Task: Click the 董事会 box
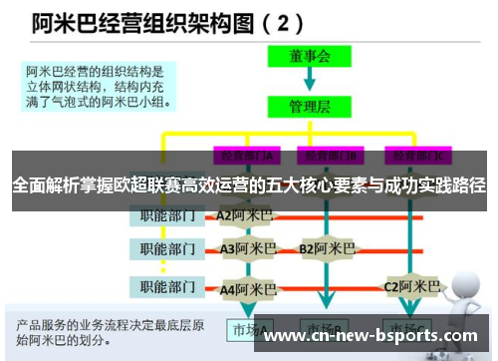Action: click(x=309, y=58)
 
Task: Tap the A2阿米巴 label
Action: click(x=244, y=215)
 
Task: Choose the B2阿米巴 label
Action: click(x=327, y=248)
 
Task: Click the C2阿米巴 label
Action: click(x=411, y=287)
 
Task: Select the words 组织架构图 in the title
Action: click(x=187, y=21)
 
